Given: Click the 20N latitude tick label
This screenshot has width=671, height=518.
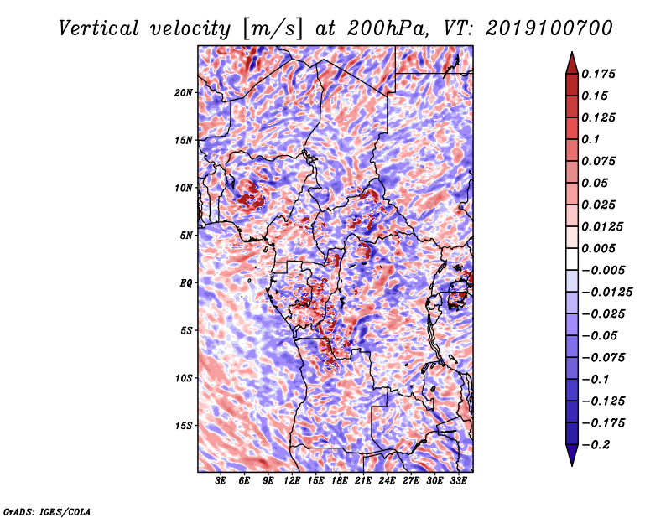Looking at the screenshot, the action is (183, 93).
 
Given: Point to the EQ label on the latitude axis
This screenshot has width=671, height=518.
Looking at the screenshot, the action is (185, 283).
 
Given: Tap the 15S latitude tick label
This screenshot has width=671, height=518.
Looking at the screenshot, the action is (183, 426).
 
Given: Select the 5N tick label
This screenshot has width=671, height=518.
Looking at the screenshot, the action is (185, 236).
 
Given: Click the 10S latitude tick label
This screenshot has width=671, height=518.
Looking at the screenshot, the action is (183, 379).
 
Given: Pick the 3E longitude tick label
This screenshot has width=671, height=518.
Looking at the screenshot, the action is (221, 481).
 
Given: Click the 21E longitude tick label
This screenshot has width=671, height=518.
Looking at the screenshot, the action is (363, 481).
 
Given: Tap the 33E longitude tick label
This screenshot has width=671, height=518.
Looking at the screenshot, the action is (458, 481).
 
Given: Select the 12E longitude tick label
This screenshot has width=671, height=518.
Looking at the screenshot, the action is (291, 481).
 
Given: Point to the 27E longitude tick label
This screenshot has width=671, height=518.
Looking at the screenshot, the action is (410, 481).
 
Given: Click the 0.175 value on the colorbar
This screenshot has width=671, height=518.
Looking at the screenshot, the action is (598, 74).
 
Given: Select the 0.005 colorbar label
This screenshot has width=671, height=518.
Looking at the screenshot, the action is (598, 248).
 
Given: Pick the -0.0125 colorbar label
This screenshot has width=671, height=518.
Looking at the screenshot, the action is (606, 293).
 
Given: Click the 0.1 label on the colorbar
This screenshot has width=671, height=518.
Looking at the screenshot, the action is (590, 139).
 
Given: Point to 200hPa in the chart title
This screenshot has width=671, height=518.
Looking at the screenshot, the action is (388, 28).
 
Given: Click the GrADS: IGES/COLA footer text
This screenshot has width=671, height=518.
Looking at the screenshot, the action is (47, 511).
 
